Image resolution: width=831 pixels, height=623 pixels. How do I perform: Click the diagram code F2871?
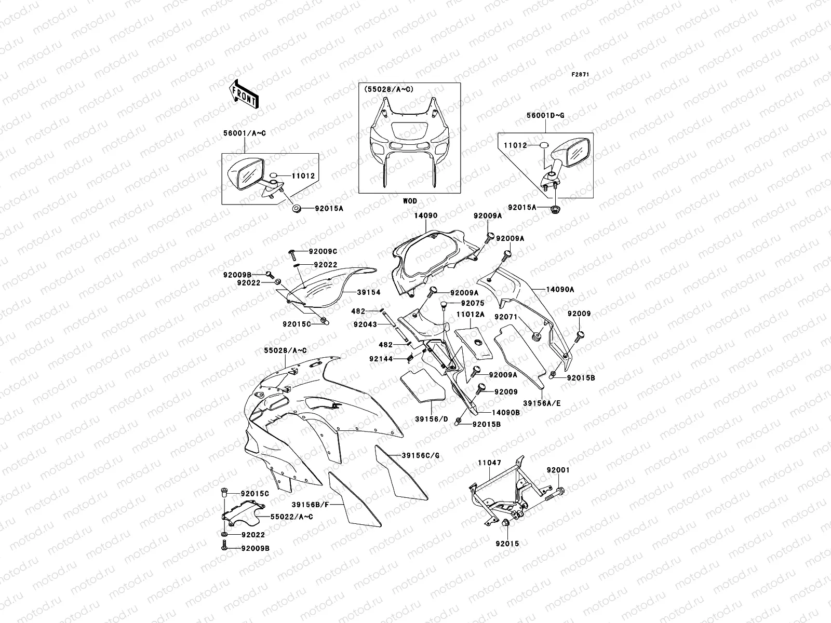click(x=581, y=75)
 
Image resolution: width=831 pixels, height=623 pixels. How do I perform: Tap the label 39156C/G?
click(x=420, y=455)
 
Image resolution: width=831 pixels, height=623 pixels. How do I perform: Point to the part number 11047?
click(x=490, y=462)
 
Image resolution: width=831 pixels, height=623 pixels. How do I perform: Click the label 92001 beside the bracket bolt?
click(x=558, y=470)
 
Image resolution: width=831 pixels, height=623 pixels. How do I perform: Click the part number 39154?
click(x=368, y=292)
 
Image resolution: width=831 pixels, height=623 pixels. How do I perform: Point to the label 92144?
click(x=382, y=358)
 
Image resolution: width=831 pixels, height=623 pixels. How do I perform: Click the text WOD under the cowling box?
click(x=410, y=201)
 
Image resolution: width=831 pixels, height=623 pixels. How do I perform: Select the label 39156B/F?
click(x=310, y=504)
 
